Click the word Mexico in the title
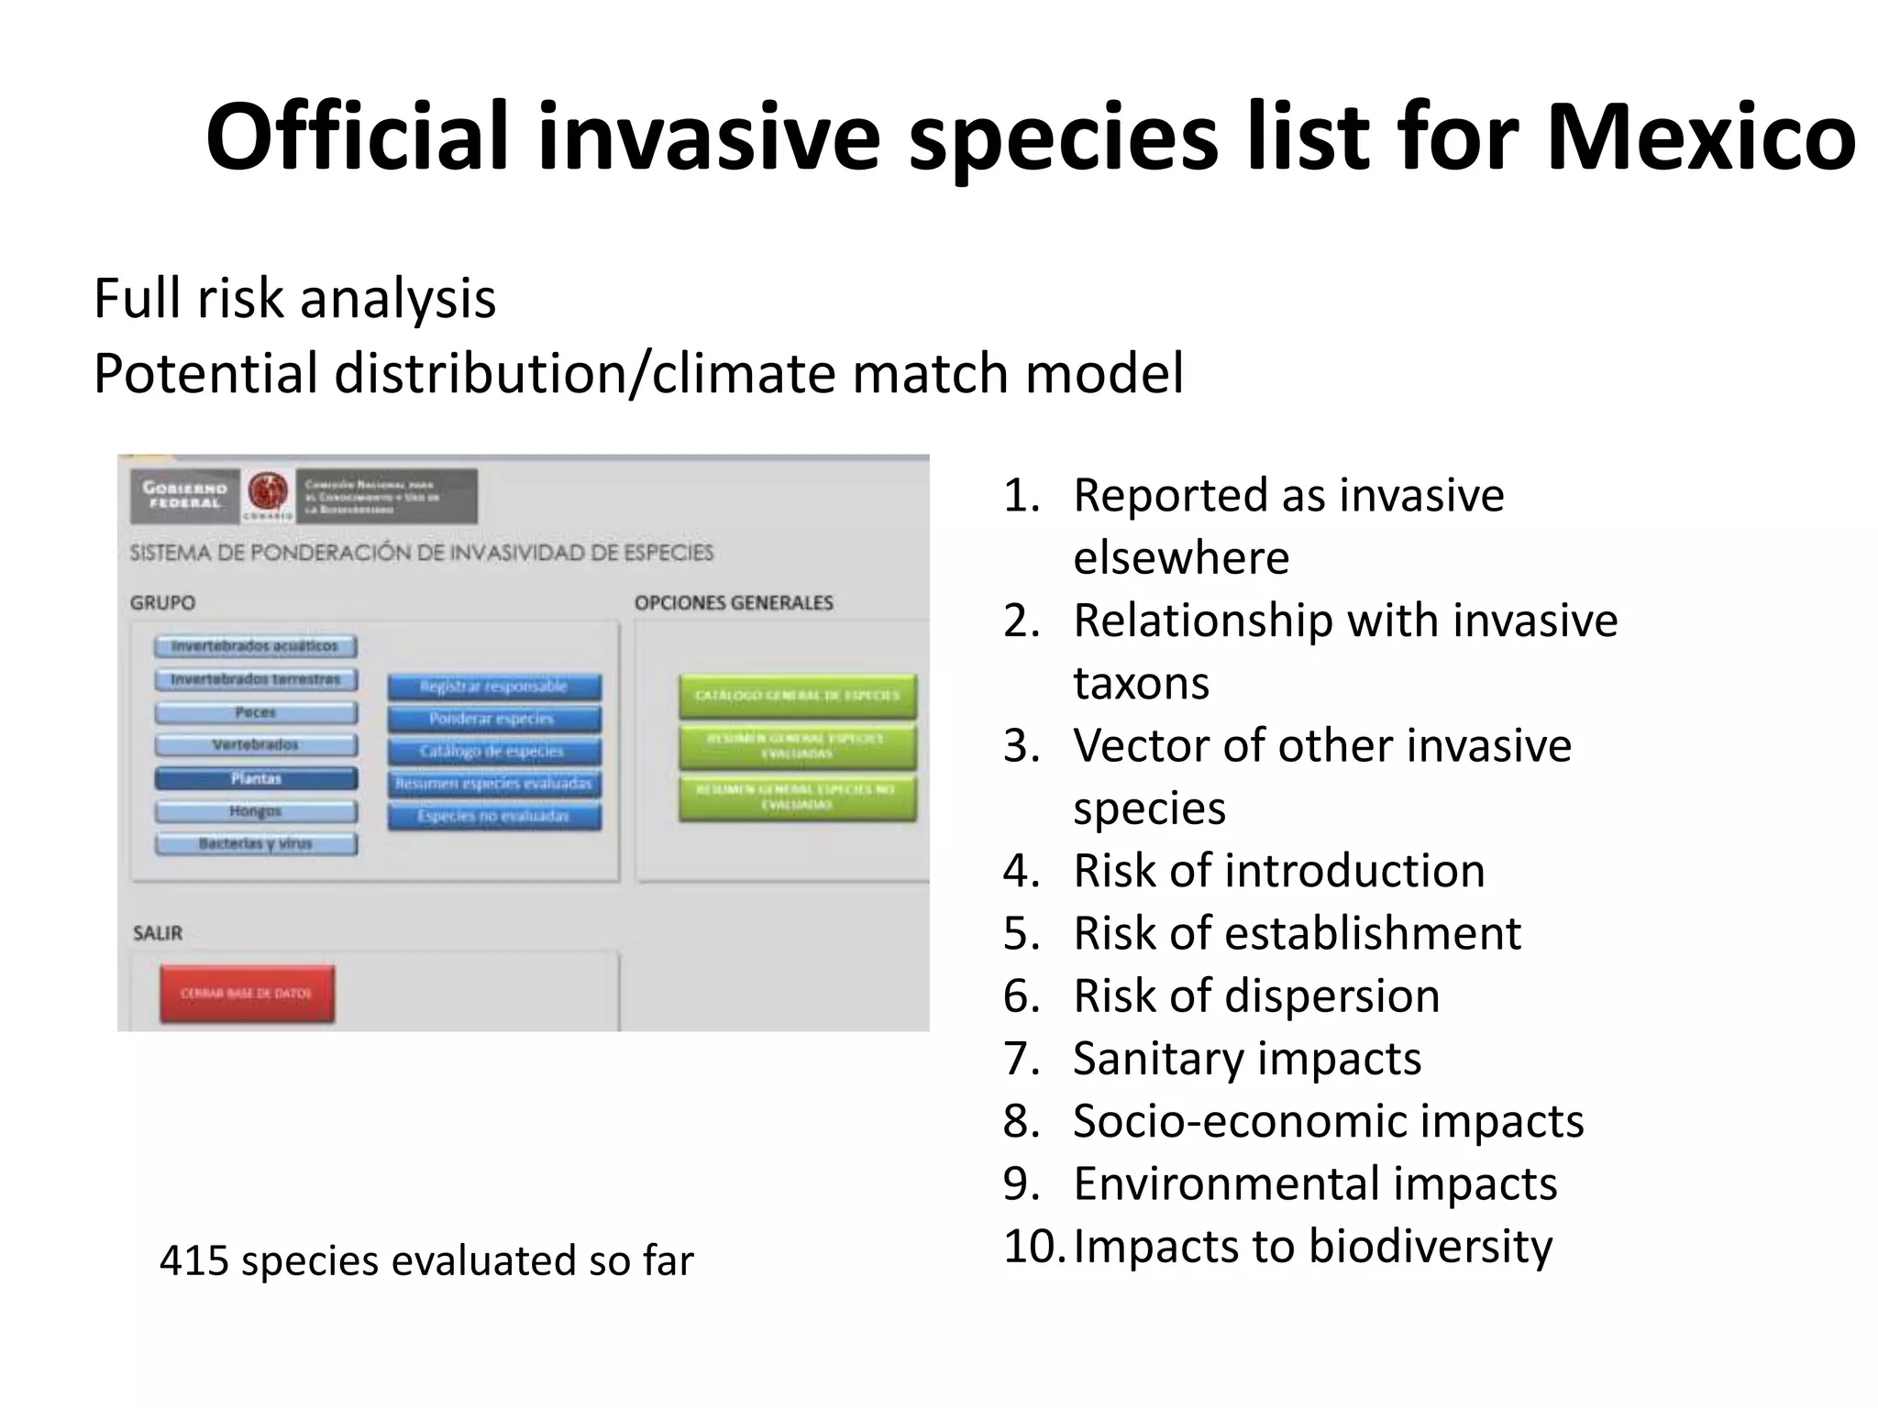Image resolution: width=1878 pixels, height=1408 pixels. (x=1701, y=137)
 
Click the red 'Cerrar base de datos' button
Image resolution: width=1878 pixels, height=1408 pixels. (x=247, y=994)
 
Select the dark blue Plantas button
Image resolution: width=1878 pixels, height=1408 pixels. (x=256, y=778)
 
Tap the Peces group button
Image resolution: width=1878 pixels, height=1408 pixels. (x=256, y=712)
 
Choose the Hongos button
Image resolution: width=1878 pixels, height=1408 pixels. (x=256, y=811)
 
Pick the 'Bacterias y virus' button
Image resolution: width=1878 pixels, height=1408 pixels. (x=256, y=843)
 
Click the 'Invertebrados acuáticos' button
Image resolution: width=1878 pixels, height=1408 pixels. (x=256, y=646)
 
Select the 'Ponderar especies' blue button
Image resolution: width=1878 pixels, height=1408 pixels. (x=494, y=719)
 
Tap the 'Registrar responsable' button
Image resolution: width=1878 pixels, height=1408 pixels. (x=494, y=687)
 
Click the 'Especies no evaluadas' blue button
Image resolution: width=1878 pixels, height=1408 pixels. (x=494, y=816)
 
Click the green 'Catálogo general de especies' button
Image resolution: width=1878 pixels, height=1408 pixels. (x=798, y=696)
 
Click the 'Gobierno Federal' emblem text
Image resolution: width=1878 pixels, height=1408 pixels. (x=184, y=495)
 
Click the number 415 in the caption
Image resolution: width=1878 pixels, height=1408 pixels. (x=193, y=1260)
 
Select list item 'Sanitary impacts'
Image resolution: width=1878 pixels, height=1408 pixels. (x=1247, y=1058)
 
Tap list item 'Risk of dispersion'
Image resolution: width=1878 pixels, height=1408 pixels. (x=1256, y=995)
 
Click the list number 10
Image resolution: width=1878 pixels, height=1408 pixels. (x=1032, y=1246)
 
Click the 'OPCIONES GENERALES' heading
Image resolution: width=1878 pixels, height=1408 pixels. (x=734, y=603)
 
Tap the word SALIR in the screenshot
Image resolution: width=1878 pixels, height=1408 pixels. (x=158, y=933)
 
